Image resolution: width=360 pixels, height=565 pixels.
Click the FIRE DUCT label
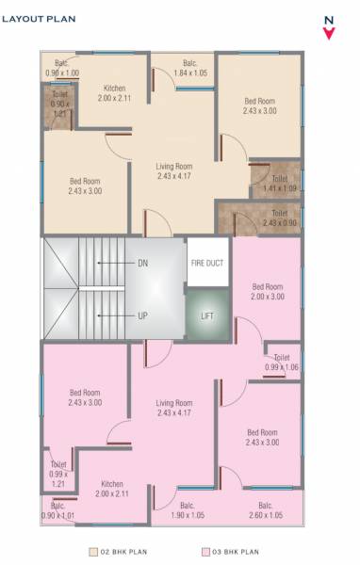pyautogui.click(x=207, y=263)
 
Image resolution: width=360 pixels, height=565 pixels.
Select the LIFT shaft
pyautogui.click(x=207, y=315)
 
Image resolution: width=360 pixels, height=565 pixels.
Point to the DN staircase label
pyautogui.click(x=142, y=263)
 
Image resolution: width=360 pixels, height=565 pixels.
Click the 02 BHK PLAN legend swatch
pyautogui.click(x=93, y=552)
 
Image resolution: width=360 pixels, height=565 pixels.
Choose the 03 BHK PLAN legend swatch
pyautogui.click(x=205, y=552)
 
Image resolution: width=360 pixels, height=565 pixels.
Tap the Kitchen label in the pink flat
pyautogui.click(x=112, y=488)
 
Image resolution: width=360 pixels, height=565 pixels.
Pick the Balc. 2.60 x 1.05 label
pyautogui.click(x=265, y=509)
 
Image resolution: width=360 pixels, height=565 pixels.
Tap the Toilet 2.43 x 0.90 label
pyautogui.click(x=280, y=218)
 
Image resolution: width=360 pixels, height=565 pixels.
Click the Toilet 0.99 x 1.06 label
pyautogui.click(x=282, y=363)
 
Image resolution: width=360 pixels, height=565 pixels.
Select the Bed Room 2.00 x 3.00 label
pyautogui.click(x=267, y=291)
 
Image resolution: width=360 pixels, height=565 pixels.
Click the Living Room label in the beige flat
pyautogui.click(x=175, y=171)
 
